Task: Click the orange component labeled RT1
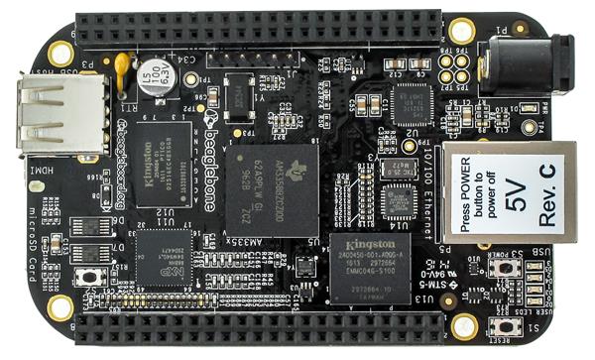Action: coord(121,65)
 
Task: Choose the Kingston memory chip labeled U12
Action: coord(163,164)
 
